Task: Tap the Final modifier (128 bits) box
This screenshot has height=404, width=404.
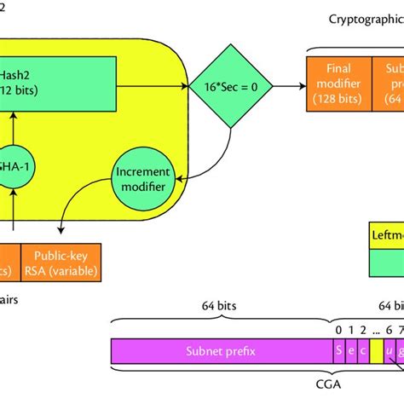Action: (338, 84)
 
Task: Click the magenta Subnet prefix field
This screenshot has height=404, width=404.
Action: (222, 350)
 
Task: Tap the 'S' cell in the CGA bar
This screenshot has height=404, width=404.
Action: (338, 350)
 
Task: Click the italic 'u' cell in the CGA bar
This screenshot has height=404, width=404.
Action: (390, 350)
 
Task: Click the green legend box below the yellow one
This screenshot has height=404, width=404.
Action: (383, 268)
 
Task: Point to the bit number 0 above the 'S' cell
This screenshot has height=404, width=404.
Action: (338, 328)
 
